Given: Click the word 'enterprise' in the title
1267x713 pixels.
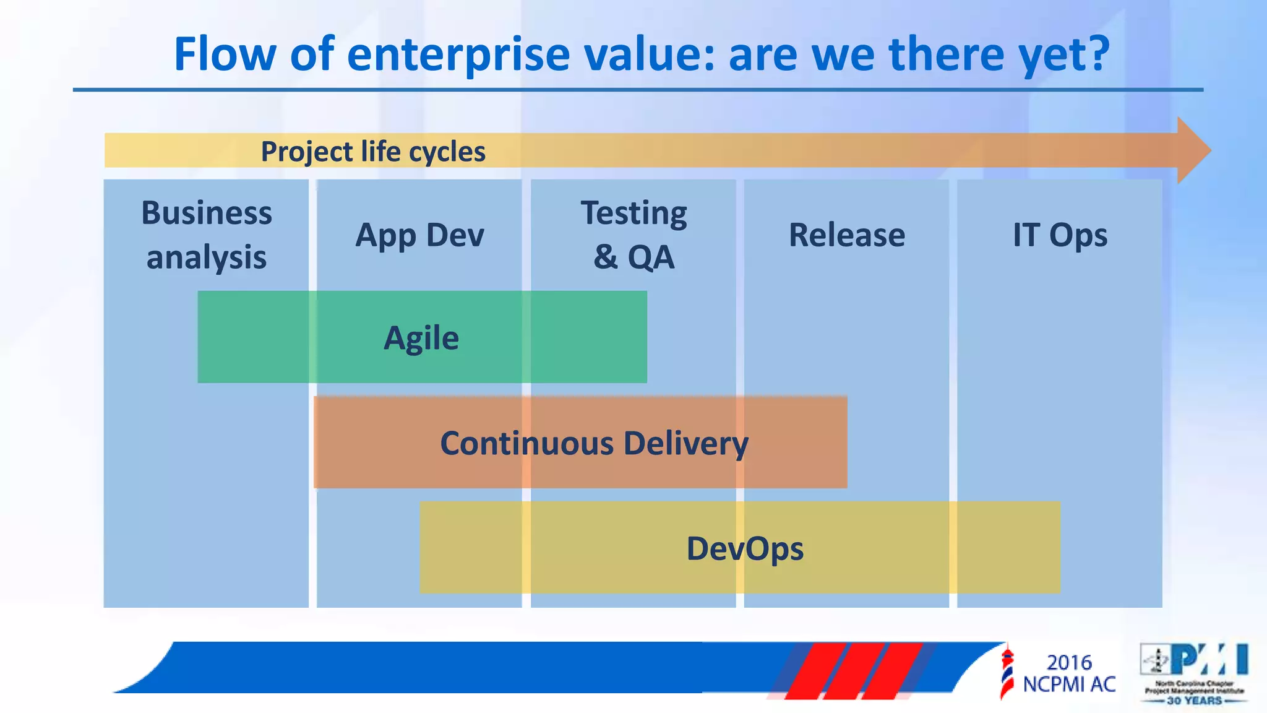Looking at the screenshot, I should click(x=458, y=54).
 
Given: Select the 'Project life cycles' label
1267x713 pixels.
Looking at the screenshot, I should click(x=373, y=152).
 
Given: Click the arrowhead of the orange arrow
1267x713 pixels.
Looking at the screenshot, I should click(x=1192, y=150).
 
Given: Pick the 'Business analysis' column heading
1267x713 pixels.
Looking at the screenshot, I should click(x=207, y=235).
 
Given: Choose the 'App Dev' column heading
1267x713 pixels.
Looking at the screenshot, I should click(x=419, y=235).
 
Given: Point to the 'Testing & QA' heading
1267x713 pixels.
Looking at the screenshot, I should click(x=633, y=235).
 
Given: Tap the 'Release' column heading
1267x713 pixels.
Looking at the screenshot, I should click(x=846, y=235).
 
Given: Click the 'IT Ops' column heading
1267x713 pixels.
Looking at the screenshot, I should click(x=1060, y=235).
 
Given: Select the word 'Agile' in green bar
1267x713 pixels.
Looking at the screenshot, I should click(x=421, y=338).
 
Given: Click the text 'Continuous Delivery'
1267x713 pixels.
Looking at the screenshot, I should click(x=594, y=443).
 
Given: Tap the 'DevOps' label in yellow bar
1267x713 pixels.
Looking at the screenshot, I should click(x=745, y=548).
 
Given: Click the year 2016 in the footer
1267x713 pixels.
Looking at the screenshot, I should click(x=1069, y=662).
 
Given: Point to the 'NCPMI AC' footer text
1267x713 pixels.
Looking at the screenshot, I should click(x=1069, y=685).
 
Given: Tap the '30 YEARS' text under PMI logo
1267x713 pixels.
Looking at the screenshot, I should click(x=1194, y=701).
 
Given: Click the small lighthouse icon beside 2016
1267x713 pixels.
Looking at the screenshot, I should click(x=1007, y=672).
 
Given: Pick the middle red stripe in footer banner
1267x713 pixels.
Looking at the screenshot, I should click(x=848, y=672).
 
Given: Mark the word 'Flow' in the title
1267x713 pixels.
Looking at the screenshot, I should click(x=225, y=54).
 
